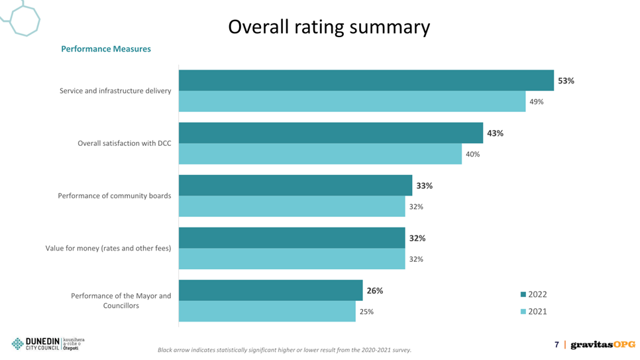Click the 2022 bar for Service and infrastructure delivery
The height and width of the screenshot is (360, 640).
366,80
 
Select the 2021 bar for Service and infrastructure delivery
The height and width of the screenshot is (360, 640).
352,101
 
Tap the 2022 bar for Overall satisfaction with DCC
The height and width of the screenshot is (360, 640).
331,133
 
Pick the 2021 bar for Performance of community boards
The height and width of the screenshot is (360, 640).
292,206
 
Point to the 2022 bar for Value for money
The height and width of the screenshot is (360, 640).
292,238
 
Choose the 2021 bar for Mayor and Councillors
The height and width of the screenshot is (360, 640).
267,312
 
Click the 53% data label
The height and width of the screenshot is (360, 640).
566,81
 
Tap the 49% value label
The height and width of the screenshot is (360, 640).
537,101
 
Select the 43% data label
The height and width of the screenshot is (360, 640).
495,133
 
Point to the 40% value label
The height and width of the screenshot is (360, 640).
472,154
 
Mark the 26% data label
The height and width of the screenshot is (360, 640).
375,290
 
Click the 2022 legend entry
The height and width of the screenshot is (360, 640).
533,294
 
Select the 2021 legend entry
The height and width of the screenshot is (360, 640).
533,312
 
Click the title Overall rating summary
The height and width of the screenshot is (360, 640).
329,27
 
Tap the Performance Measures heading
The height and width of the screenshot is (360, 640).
106,49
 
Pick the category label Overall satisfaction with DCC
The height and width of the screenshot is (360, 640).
125,143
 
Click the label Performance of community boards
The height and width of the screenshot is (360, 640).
114,196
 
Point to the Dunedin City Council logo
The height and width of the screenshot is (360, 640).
48,343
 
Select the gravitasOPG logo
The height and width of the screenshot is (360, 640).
603,345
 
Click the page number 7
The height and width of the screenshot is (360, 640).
557,345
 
